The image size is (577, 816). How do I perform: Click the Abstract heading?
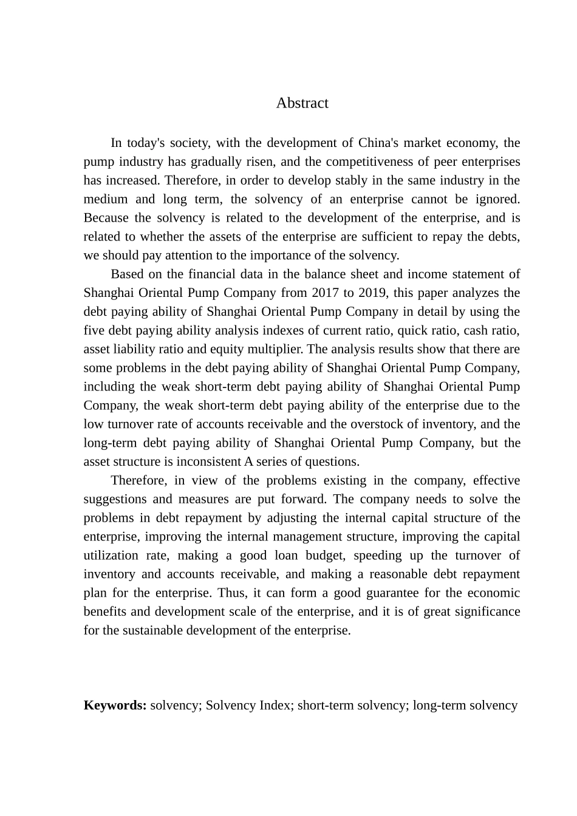point(302,103)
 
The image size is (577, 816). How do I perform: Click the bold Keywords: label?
point(115,705)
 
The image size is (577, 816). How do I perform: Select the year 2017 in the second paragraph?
point(326,293)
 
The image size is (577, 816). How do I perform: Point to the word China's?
point(378,143)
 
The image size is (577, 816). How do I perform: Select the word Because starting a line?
point(106,218)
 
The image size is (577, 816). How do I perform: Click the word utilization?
point(111,556)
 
